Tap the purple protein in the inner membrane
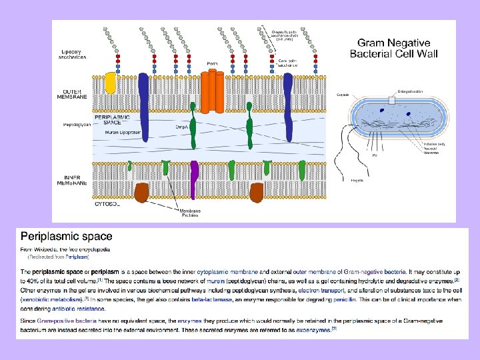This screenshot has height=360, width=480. pyautogui.click(x=194, y=180)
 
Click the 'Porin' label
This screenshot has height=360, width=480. pyautogui.click(x=213, y=63)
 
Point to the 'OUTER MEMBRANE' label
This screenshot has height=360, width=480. pyautogui.click(x=75, y=94)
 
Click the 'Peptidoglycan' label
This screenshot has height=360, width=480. pyautogui.click(x=78, y=125)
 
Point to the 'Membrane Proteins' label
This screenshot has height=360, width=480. pyautogui.click(x=189, y=213)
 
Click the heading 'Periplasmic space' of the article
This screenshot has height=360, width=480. pyautogui.click(x=67, y=236)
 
